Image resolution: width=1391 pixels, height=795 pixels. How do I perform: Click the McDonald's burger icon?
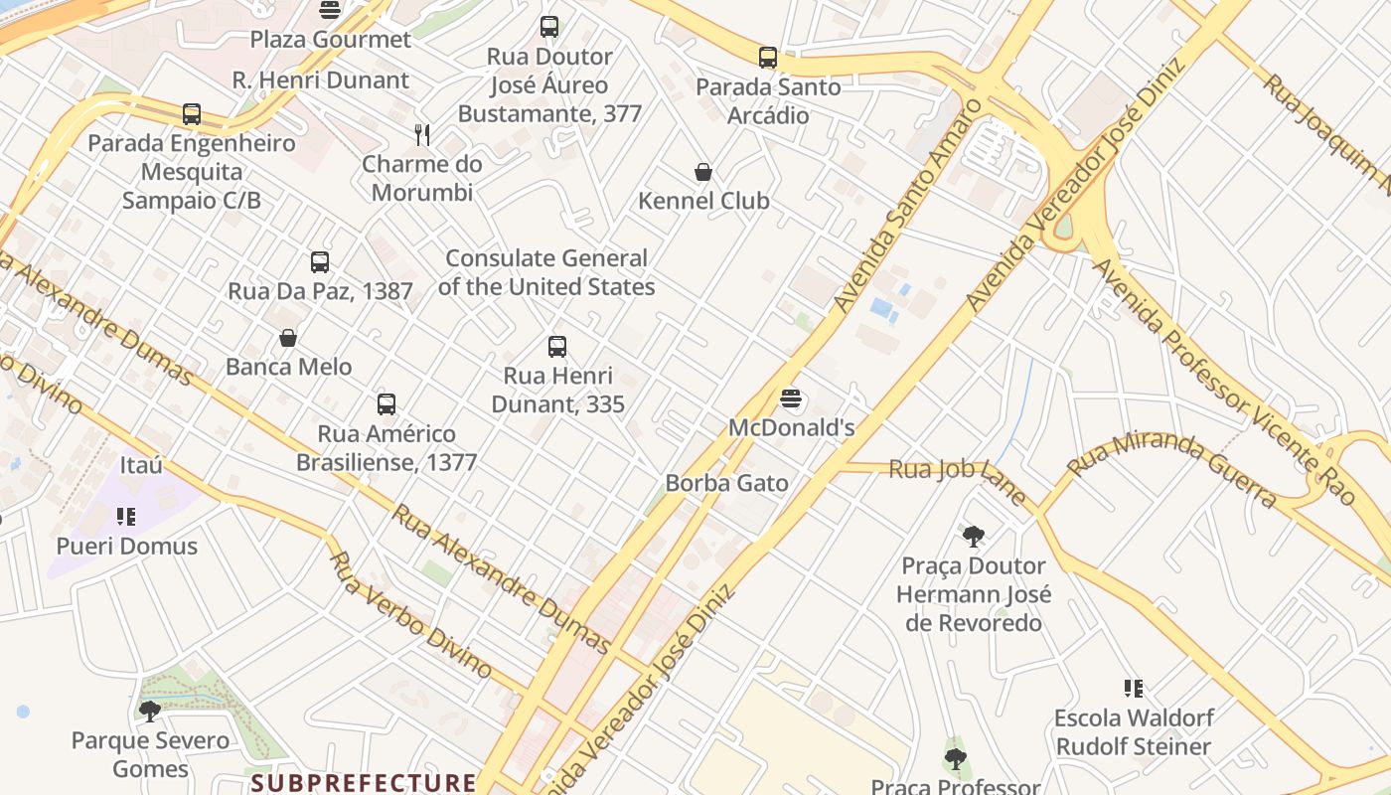[x=791, y=399]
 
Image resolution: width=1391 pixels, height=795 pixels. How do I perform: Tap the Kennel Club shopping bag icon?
[x=703, y=172]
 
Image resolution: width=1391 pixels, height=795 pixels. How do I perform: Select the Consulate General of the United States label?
[x=546, y=272]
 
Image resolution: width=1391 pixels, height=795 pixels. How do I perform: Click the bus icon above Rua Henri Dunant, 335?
[x=557, y=347]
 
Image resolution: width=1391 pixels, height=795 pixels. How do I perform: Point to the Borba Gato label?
[x=726, y=484]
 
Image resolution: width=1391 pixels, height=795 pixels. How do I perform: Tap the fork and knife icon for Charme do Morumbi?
[x=422, y=135]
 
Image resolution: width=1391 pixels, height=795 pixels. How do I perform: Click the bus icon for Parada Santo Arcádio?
[x=768, y=58]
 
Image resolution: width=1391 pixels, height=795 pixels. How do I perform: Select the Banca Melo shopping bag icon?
[x=288, y=338]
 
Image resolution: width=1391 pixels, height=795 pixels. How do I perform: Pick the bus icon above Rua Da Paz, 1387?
[x=320, y=262]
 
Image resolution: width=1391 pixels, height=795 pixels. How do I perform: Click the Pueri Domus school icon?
[x=126, y=517]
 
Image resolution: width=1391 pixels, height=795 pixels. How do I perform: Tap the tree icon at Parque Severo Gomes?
[x=150, y=711]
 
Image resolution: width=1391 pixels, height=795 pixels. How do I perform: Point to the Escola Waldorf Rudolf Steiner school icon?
[x=1134, y=689]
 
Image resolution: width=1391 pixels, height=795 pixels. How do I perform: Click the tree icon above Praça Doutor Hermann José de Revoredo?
[x=974, y=537]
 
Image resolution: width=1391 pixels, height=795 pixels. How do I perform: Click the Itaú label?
[x=141, y=465]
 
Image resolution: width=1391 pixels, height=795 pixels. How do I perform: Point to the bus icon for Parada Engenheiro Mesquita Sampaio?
[x=192, y=114]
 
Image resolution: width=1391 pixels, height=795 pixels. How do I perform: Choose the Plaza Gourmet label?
[x=330, y=40]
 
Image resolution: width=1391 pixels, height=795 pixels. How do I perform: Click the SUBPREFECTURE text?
[x=364, y=783]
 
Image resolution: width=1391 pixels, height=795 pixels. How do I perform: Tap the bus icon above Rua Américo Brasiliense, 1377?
[x=386, y=404]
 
